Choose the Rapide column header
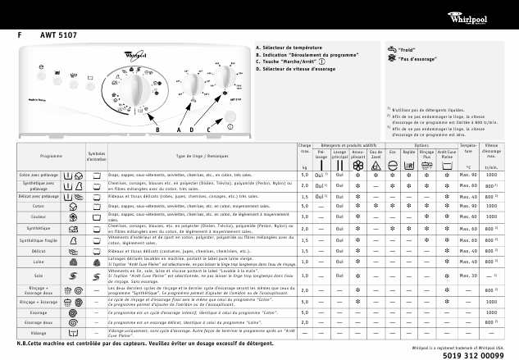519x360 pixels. tap(408, 153)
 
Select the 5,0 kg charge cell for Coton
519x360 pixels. tap(304, 206)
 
